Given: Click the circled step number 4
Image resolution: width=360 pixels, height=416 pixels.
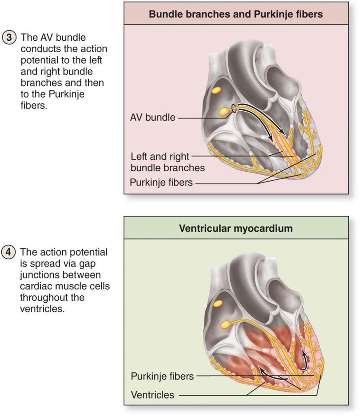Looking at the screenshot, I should point(10,251).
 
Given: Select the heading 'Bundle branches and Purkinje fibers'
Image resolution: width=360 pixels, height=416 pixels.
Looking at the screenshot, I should point(236,14).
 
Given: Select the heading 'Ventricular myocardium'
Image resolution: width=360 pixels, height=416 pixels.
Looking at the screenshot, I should point(236,228).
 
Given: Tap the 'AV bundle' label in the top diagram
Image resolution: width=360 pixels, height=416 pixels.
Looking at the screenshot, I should point(152,117).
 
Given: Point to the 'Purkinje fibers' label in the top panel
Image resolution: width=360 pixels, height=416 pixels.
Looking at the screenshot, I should point(161,182).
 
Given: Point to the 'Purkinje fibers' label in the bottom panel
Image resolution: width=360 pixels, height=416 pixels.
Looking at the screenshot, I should point(162,376).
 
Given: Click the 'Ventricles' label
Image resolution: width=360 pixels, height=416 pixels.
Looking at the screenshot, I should point(152,394).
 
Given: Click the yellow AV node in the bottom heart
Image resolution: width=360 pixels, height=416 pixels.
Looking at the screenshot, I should point(225,324).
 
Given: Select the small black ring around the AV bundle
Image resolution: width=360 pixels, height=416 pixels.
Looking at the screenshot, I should point(234,109).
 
